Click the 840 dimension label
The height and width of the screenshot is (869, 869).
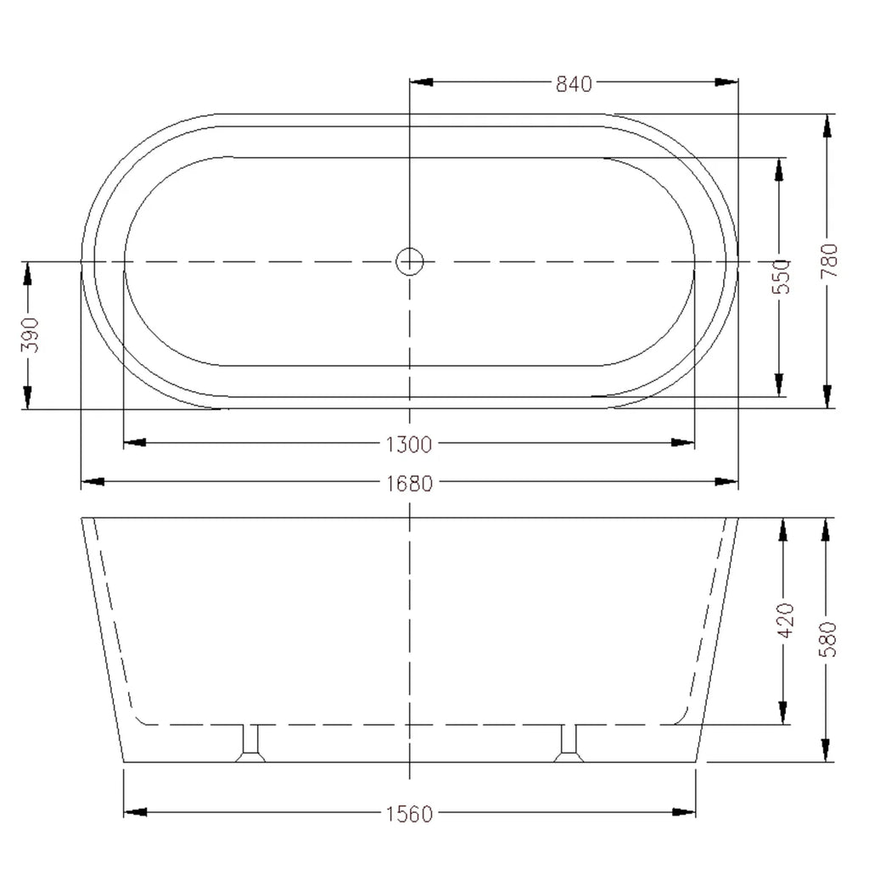[574, 84]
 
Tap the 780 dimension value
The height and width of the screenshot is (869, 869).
[831, 261]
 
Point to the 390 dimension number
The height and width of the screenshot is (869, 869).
[31, 334]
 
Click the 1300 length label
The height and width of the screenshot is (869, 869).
[409, 445]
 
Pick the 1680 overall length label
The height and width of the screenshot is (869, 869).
[409, 484]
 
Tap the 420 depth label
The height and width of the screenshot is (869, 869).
[787, 620]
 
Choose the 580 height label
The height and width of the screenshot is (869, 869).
[828, 639]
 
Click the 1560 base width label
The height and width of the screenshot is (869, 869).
[409, 814]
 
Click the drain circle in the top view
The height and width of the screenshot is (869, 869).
[410, 261]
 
